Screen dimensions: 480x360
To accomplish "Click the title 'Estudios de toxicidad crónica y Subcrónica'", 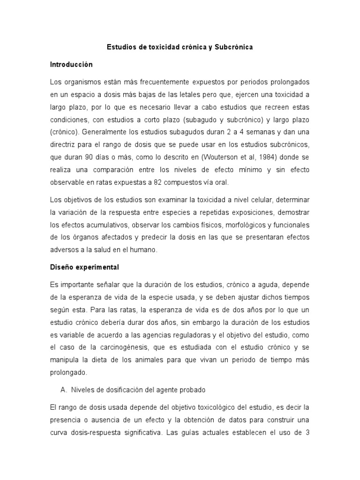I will point(180,47).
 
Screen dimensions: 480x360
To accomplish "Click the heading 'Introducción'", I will point(71,64).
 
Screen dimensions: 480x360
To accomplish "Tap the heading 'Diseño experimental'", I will point(85,268).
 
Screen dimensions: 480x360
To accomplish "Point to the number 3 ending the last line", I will point(307,433).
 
